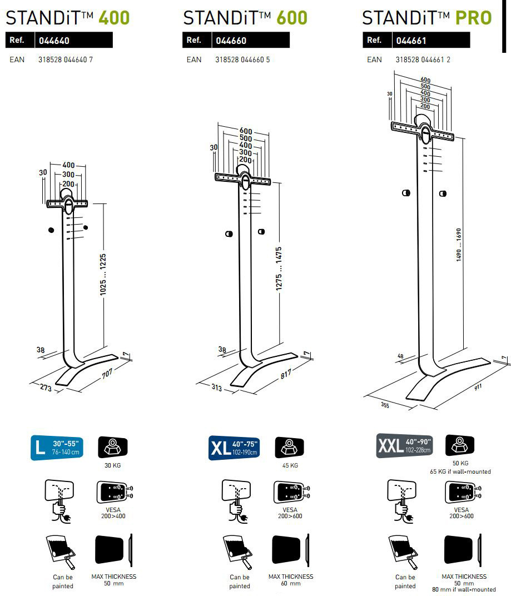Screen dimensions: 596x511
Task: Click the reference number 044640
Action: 54,41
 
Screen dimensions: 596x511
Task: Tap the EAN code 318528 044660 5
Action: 242,59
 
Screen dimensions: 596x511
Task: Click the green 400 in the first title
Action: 114,18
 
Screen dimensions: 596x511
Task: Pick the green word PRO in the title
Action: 473,18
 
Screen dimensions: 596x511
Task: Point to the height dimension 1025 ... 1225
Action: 103,275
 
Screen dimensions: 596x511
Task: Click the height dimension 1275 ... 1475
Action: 279,268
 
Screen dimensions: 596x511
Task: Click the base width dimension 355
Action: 385,405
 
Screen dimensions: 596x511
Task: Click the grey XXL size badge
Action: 404,446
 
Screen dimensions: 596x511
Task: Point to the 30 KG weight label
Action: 112,465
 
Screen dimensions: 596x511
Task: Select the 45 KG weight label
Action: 290,465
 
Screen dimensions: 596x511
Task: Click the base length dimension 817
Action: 285,375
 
